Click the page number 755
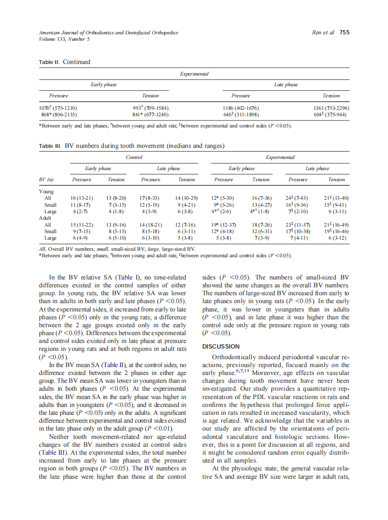pyautogui.click(x=344, y=32)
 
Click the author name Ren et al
pyautogui.click(x=323, y=32)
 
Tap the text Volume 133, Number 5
pyautogui.click(x=64, y=39)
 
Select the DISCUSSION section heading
pyautogui.click(x=221, y=346)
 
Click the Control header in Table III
pyautogui.click(x=134, y=158)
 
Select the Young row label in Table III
pyautogui.click(x=46, y=191)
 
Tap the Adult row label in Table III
pyautogui.click(x=45, y=218)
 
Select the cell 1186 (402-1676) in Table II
pyautogui.click(x=241, y=108)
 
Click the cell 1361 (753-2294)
pyautogui.click(x=331, y=108)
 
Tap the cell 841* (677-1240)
pyautogui.click(x=150, y=114)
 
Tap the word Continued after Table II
pyautogui.click(x=76, y=62)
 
